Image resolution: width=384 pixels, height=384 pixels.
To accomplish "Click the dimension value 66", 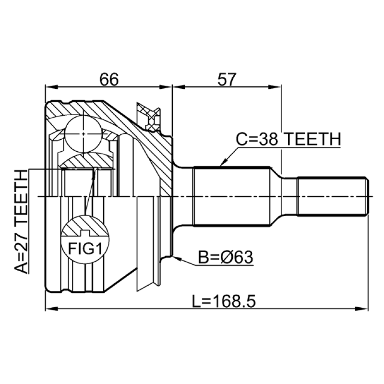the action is [x=109, y=79].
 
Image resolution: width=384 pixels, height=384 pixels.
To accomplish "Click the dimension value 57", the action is [x=227, y=79].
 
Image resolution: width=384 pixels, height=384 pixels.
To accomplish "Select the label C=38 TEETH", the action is [x=288, y=139].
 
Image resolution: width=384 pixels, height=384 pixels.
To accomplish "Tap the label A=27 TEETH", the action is [x=21, y=221].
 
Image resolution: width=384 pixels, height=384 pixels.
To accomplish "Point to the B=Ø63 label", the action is [x=226, y=257].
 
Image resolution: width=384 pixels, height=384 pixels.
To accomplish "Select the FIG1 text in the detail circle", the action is [x=85, y=248].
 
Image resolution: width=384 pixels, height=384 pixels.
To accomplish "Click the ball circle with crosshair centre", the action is [x=84, y=134].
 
